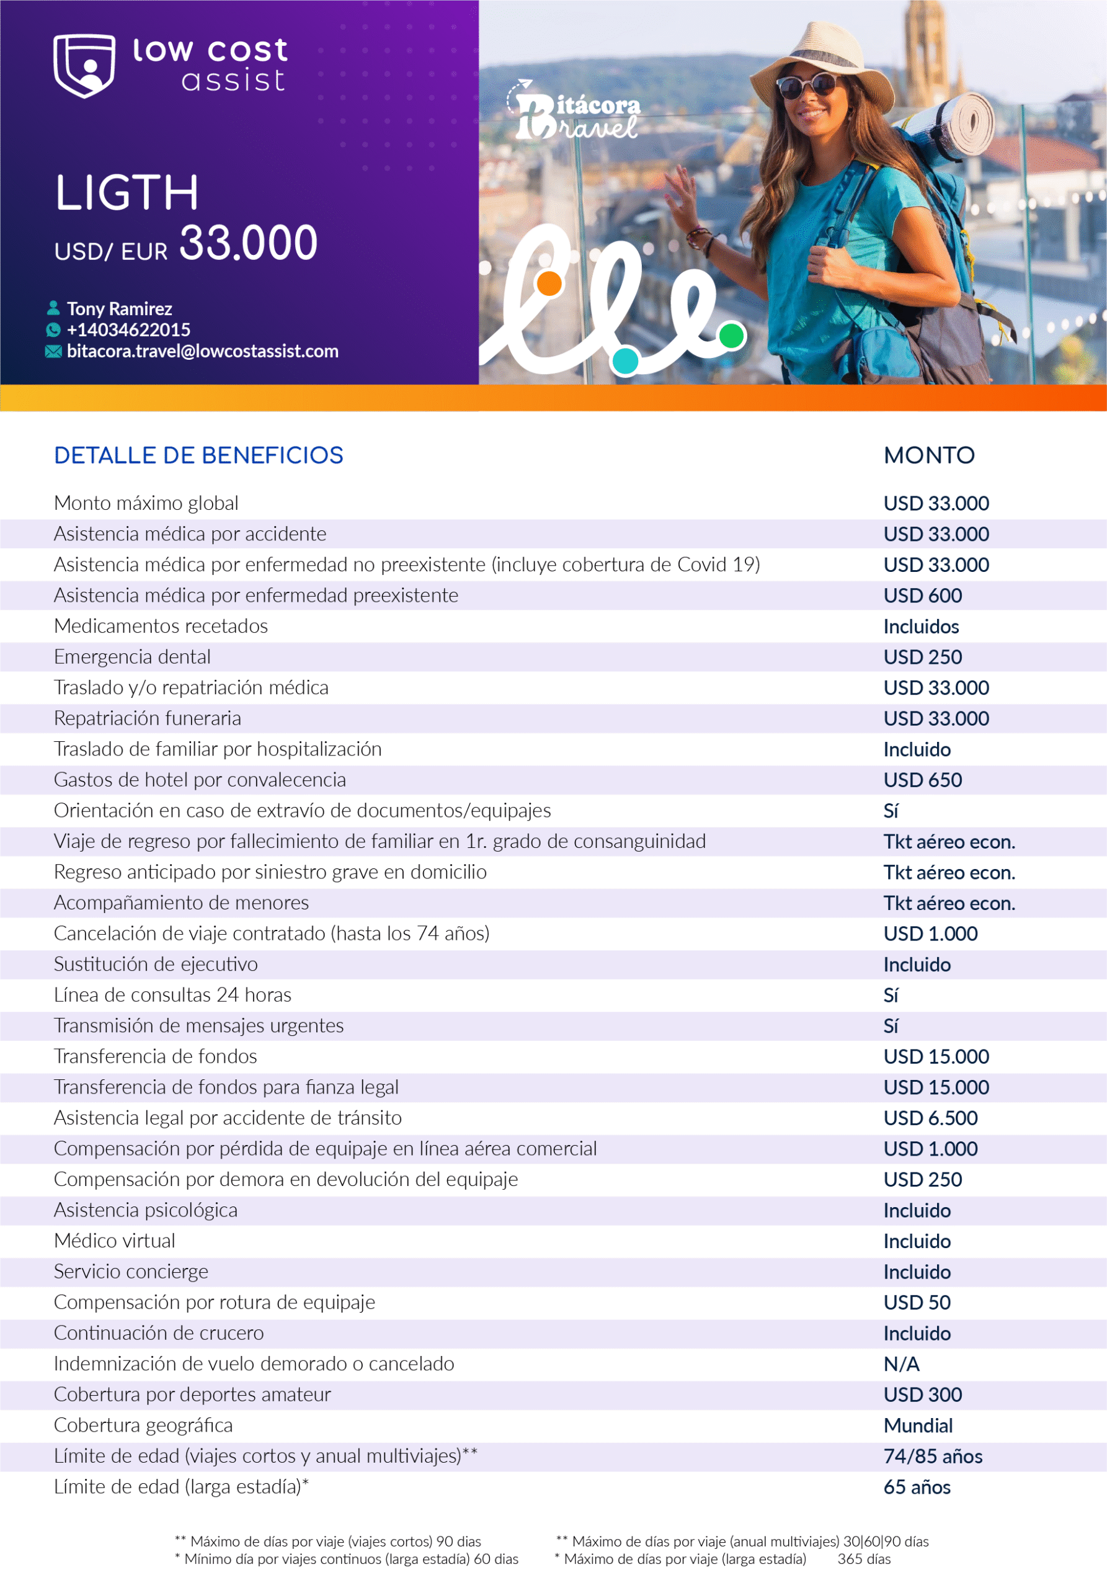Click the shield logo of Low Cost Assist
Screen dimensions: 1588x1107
84,66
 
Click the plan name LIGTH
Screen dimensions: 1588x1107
127,192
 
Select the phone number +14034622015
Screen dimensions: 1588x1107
128,330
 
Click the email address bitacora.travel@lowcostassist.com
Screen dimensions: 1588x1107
202,351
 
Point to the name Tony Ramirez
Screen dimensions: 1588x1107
119,308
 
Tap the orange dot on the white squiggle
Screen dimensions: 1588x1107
549,283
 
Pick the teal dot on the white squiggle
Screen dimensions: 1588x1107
625,361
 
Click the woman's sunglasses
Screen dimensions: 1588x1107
807,86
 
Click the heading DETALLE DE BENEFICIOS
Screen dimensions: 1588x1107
198,455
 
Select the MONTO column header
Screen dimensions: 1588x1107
928,455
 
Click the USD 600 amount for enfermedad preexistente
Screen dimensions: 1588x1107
922,595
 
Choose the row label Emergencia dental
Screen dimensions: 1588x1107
132,656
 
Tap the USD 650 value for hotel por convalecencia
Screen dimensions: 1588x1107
922,780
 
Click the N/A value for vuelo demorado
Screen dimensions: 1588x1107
901,1364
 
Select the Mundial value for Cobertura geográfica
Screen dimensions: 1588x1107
918,1425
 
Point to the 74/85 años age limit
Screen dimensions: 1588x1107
932,1456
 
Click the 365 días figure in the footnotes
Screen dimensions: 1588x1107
864,1559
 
